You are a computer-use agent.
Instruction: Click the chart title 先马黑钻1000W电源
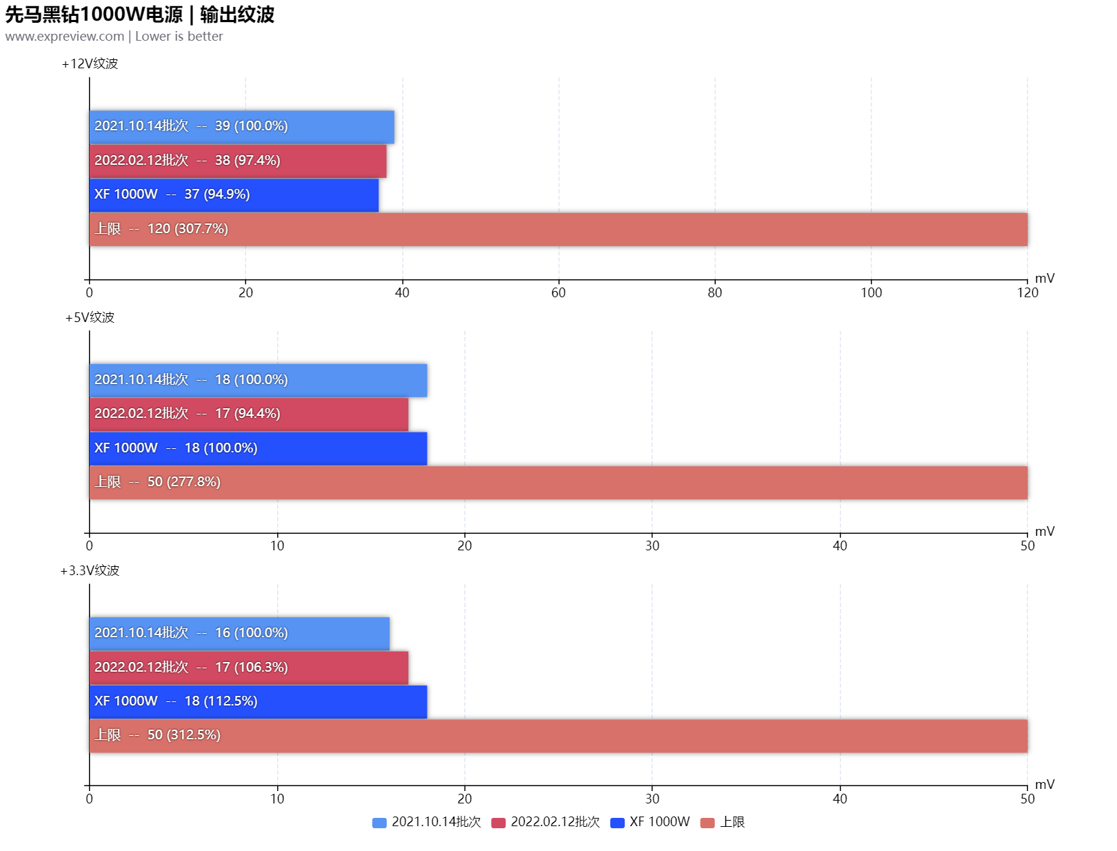pyautogui.click(x=94, y=14)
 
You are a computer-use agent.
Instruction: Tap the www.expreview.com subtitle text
pyautogui.click(x=64, y=37)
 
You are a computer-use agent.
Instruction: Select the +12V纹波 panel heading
pyautogui.click(x=90, y=63)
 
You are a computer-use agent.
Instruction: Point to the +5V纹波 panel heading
pyautogui.click(x=90, y=317)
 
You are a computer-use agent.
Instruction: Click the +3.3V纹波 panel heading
pyautogui.click(x=90, y=570)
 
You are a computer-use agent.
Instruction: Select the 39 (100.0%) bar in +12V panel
pyautogui.click(x=241, y=126)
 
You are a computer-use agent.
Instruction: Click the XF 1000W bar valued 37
pyautogui.click(x=234, y=194)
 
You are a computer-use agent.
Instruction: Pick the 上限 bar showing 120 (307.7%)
pyautogui.click(x=558, y=229)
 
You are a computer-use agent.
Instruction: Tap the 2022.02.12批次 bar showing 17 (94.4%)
pyautogui.click(x=248, y=414)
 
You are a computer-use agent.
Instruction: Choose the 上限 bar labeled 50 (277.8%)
pyautogui.click(x=558, y=482)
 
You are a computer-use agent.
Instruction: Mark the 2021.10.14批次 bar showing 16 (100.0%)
pyautogui.click(x=239, y=633)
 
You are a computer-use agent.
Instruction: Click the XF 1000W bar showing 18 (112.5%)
pyautogui.click(x=258, y=701)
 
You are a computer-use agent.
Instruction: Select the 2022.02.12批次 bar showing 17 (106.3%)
pyautogui.click(x=248, y=668)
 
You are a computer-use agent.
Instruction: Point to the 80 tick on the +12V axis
pyautogui.click(x=715, y=292)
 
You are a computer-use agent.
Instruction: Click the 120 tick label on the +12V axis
pyautogui.click(x=1027, y=292)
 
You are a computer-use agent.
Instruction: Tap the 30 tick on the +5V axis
pyautogui.click(x=652, y=545)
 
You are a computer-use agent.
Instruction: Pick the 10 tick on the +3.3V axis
pyautogui.click(x=277, y=799)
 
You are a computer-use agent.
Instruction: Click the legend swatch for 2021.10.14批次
pyautogui.click(x=379, y=823)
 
